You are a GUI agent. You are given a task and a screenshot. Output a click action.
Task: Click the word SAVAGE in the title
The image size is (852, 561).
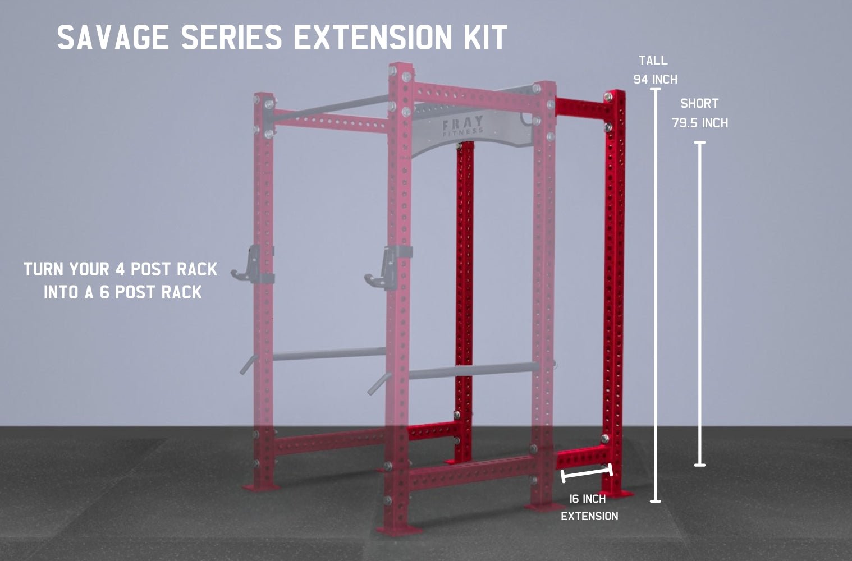113,37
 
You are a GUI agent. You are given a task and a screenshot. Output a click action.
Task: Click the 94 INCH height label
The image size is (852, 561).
656,80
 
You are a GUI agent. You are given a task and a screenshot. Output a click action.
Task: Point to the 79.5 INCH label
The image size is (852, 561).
700,123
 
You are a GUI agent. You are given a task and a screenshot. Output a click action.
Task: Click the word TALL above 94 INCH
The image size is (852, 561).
653,61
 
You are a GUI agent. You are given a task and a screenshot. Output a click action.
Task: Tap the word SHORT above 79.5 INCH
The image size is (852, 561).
699,103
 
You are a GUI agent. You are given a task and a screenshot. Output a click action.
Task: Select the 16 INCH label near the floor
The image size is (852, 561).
588,499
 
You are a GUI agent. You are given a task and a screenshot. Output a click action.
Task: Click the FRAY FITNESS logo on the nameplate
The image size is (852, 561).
463,126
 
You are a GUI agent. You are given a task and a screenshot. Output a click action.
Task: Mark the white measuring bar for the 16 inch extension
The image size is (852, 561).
587,473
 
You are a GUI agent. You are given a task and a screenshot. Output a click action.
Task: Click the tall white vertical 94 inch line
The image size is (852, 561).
656,295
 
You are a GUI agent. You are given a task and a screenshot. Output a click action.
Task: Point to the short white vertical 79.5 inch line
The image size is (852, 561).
700,304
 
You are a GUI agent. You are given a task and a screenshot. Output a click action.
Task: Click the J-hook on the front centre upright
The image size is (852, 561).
386,268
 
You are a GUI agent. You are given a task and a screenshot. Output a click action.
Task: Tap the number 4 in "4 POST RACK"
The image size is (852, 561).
120,269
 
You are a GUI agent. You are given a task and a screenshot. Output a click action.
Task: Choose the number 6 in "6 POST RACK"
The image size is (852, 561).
104,292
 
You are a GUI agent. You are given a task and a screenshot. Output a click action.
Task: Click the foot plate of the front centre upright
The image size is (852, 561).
398,530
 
